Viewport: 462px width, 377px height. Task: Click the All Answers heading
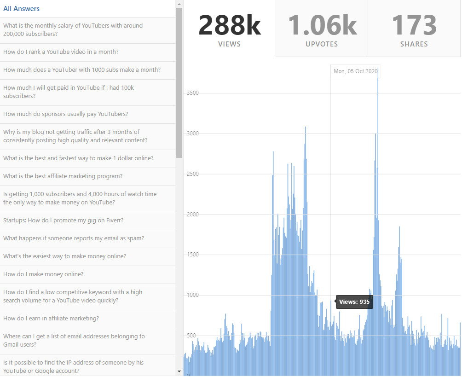(x=21, y=9)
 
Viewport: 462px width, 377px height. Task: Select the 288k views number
(x=230, y=25)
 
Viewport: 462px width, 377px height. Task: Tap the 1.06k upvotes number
(x=322, y=25)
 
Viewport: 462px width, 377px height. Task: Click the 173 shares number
(x=414, y=25)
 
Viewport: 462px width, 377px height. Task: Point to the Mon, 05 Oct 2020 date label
(x=356, y=71)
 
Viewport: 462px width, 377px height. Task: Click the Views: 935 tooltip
(x=354, y=302)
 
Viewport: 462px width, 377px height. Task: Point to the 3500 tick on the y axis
(x=192, y=93)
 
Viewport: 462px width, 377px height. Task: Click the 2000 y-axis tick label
(x=192, y=215)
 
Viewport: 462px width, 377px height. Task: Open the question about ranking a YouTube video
(x=61, y=52)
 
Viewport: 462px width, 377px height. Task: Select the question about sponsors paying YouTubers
(x=66, y=114)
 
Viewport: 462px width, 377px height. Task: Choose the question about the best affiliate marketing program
(x=63, y=176)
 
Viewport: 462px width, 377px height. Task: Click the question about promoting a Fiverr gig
(x=63, y=220)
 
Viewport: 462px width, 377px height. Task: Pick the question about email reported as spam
(x=74, y=238)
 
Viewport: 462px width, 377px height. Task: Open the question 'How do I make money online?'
(x=43, y=274)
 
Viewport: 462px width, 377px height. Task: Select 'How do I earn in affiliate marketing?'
(x=51, y=319)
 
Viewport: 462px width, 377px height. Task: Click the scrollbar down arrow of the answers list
(x=179, y=371)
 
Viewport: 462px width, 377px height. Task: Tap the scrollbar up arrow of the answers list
(x=179, y=4)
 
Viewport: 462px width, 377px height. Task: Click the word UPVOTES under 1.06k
(x=322, y=44)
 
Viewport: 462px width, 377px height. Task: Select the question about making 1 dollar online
(x=78, y=158)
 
